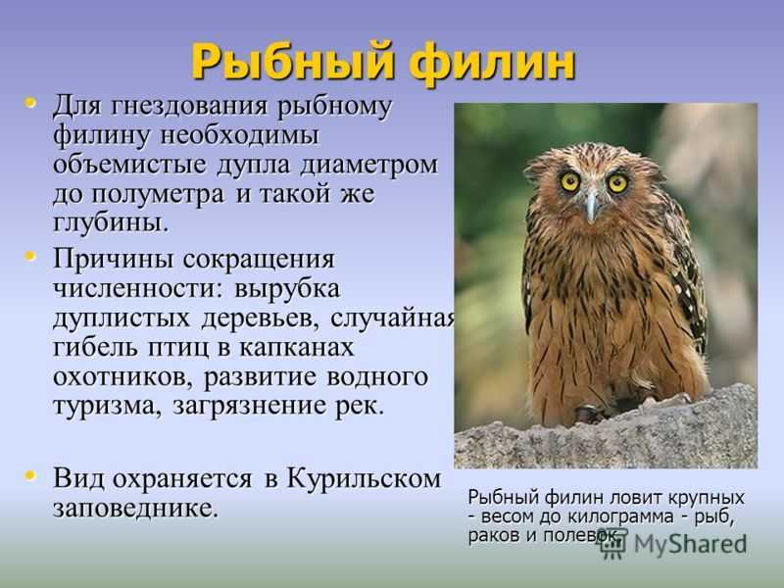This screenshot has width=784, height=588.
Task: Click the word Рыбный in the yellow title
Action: point(294,63)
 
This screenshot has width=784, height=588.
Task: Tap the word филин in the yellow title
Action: point(494,63)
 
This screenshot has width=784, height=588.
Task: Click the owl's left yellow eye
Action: point(570,181)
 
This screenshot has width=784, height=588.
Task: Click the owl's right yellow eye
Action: point(617,183)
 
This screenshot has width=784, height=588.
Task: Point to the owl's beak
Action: point(592,205)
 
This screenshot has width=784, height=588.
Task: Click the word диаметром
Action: point(369,165)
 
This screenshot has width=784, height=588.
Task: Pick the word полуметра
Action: point(158,194)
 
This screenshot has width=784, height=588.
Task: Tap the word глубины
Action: point(110,223)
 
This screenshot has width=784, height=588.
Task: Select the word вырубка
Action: point(287,289)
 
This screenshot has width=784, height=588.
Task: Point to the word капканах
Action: point(297,348)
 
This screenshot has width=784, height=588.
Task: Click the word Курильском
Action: point(364,479)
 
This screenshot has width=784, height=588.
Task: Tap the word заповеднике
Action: point(136,509)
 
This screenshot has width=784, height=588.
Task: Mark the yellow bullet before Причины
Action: point(30,257)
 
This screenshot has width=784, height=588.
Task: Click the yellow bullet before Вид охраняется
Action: point(30,475)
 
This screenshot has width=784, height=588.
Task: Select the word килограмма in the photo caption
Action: point(621,516)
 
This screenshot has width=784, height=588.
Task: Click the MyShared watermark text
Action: point(690,544)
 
